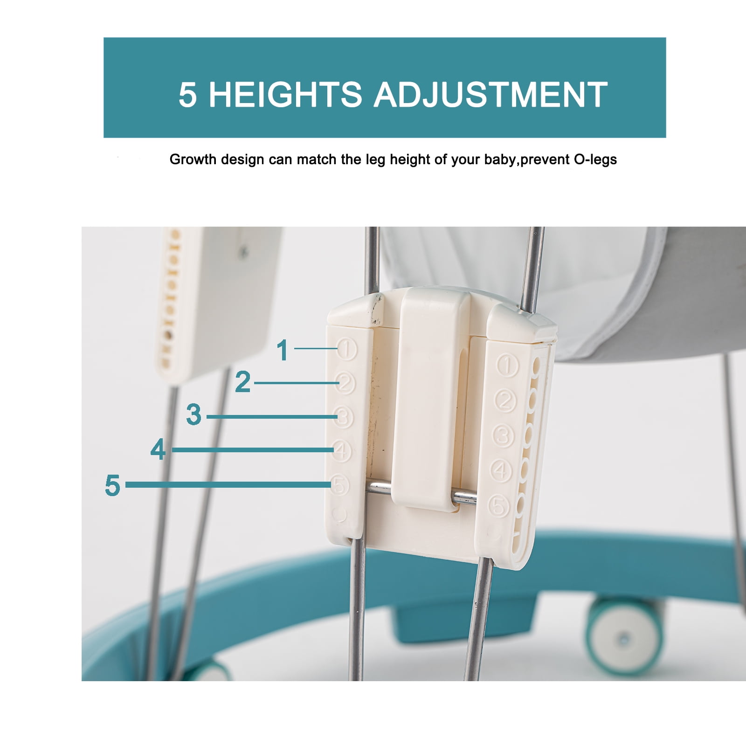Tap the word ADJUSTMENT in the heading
coord(490,95)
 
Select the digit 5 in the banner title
coord(187,95)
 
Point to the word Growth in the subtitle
coord(193,159)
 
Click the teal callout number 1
coord(283,350)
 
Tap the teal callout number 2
coord(243,382)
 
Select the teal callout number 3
coord(193,414)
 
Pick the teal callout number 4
coord(158,449)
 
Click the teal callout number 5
coord(112,485)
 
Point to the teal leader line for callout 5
coord(228,485)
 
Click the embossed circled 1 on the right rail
coord(507,365)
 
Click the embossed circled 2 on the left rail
coord(345,383)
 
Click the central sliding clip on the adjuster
coord(430,399)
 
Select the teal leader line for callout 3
coord(272,416)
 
